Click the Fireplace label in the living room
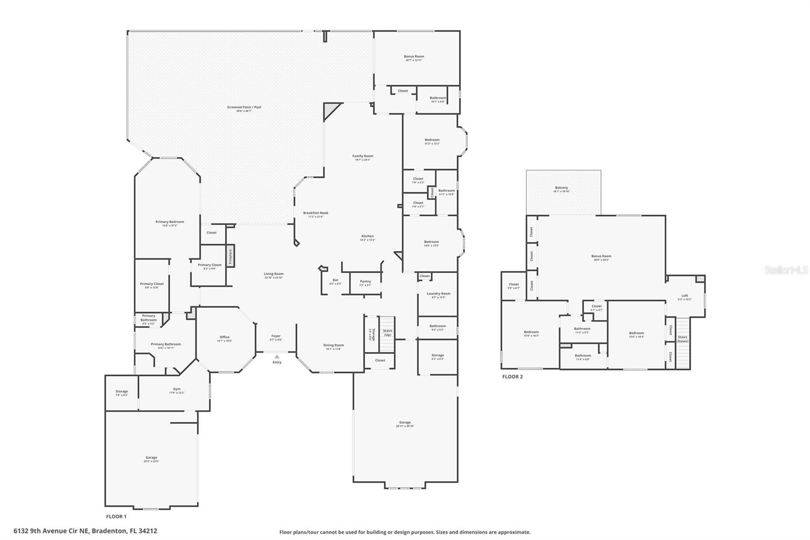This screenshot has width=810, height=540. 230,257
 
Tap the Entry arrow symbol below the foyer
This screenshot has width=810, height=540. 277,357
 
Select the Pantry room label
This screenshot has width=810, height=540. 366,282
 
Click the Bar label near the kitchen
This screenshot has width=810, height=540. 336,280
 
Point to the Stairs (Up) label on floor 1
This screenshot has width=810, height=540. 388,333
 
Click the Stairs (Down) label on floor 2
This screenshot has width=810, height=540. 682,339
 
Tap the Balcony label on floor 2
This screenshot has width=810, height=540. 561,188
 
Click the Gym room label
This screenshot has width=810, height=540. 177,389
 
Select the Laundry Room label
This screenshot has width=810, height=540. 438,294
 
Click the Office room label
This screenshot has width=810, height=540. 225,337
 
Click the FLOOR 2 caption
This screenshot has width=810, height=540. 512,377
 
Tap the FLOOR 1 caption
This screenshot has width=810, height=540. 116,517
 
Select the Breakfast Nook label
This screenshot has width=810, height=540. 316,213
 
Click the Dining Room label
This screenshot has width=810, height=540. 333,345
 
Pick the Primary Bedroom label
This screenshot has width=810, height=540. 170,222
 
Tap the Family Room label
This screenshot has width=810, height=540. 362,156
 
